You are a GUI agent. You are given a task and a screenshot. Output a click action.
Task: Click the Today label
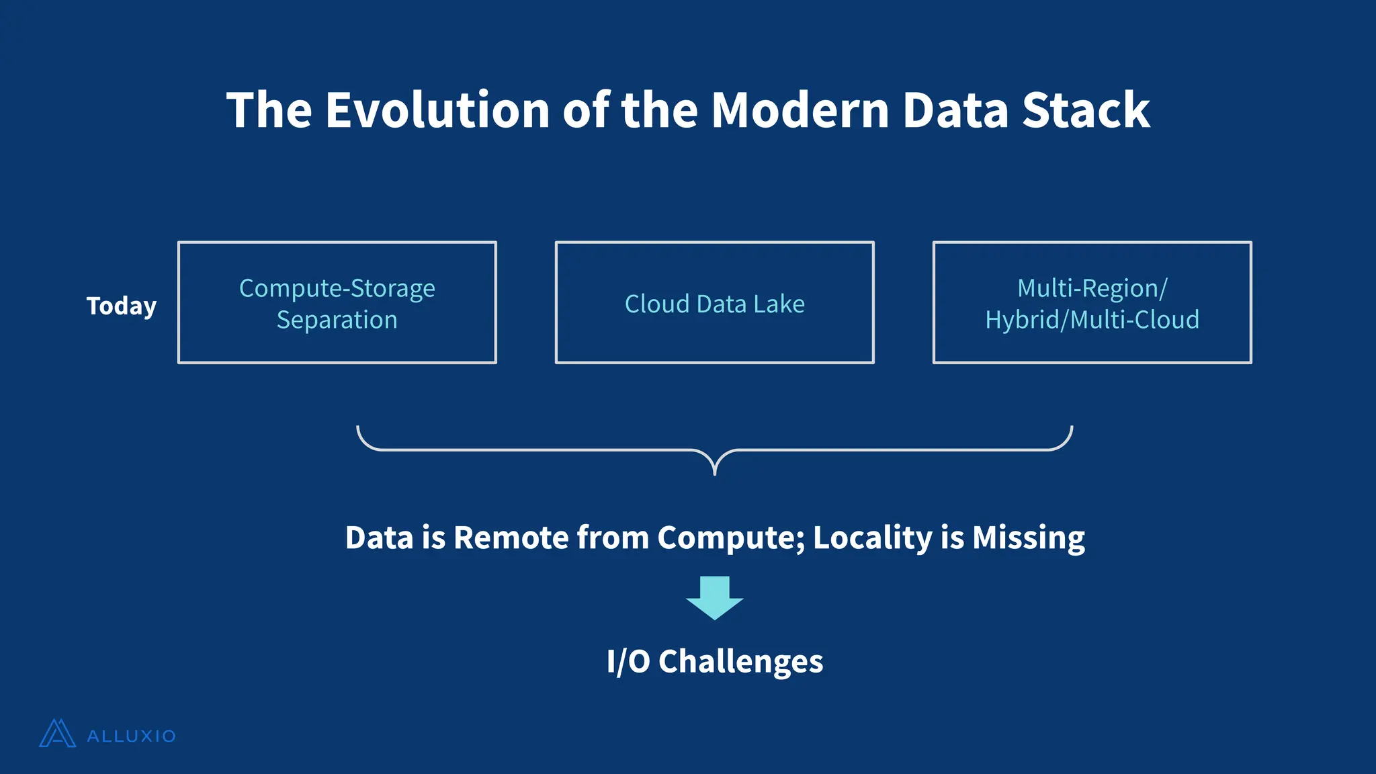point(121,306)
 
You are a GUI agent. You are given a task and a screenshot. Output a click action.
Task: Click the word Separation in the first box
point(337,320)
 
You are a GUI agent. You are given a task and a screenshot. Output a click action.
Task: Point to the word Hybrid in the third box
point(1021,320)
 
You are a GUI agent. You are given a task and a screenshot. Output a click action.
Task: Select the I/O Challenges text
point(714,662)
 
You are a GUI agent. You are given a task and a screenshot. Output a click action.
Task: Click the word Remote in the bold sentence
point(511,537)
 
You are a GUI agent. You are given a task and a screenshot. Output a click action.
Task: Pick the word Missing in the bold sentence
point(1028,537)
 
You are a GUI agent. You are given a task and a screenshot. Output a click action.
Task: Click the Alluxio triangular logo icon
point(57,734)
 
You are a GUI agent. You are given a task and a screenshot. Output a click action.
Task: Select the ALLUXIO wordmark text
point(132,736)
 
